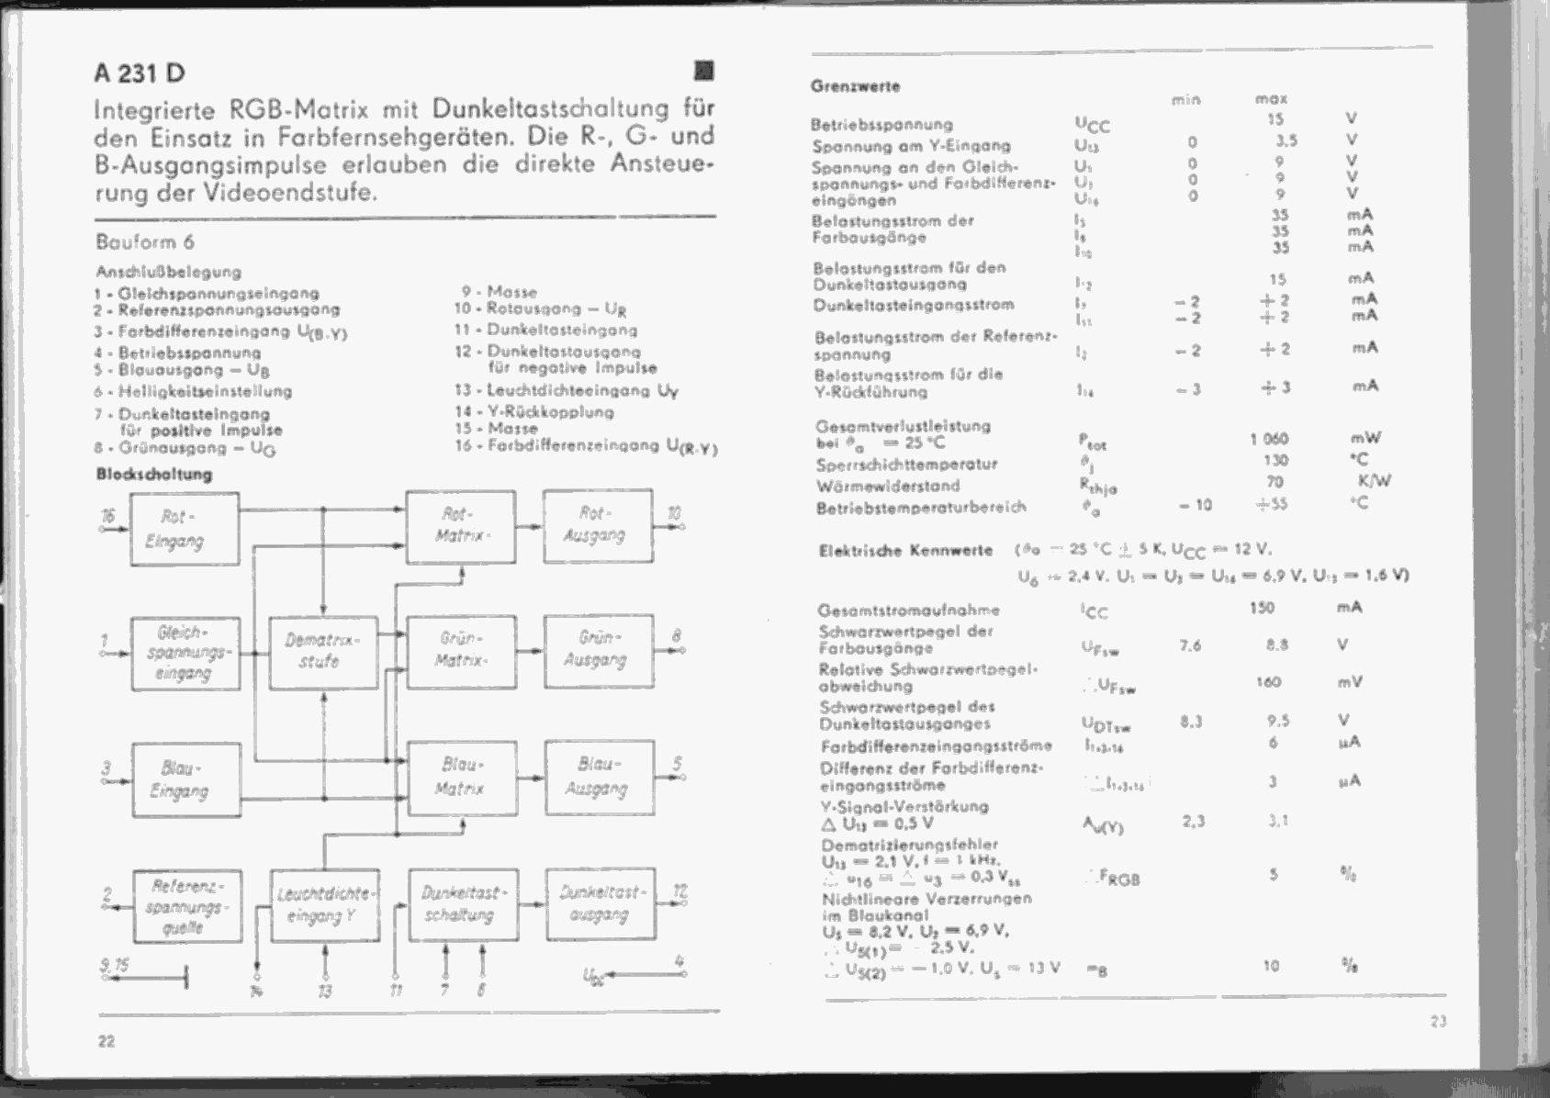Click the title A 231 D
[139, 73]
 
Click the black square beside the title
[704, 71]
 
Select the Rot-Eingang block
[185, 529]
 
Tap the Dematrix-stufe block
[323, 652]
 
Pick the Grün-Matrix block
[461, 650]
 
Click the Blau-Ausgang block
[599, 778]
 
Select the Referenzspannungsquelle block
[187, 906]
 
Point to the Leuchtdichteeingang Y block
[325, 905]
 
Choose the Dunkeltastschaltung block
[463, 904]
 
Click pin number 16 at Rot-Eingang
[108, 515]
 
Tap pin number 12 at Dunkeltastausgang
[680, 891]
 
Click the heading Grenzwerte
[855, 86]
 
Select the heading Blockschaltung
[153, 475]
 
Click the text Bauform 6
[144, 242]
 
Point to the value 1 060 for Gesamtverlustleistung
[1269, 439]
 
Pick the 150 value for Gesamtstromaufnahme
[1263, 608]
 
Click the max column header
[1271, 98]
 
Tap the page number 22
[107, 1040]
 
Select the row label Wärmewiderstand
[887, 486]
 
